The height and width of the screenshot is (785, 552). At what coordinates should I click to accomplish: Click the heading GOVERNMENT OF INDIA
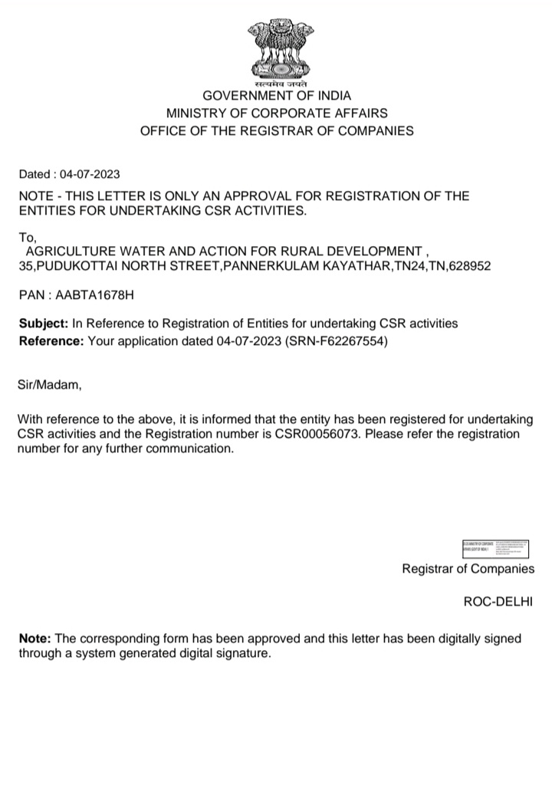(276, 96)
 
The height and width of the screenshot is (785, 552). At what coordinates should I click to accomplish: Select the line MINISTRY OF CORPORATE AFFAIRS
(276, 113)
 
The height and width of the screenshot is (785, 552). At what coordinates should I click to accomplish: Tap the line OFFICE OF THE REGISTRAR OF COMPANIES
(276, 131)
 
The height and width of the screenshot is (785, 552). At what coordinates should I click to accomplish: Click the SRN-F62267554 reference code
(336, 341)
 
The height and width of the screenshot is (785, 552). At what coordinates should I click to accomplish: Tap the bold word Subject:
(44, 324)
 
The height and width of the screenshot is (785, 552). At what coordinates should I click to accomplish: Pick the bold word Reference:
(51, 341)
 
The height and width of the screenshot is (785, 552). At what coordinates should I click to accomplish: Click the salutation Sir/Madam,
(49, 386)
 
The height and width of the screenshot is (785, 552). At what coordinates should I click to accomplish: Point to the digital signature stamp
(495, 548)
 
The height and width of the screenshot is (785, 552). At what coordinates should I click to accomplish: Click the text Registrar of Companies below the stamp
(468, 569)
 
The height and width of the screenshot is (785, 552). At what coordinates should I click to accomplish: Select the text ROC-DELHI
(498, 602)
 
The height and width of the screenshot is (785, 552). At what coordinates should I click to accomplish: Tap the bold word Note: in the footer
(34, 639)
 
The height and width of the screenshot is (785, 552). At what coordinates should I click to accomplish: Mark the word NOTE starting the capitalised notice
(35, 196)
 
